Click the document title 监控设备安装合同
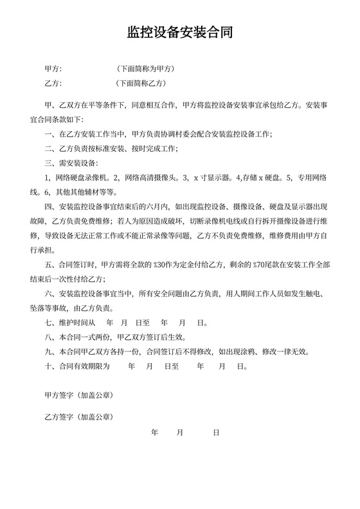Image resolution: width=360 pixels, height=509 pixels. (179, 32)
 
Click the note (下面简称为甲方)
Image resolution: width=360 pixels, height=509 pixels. (145, 68)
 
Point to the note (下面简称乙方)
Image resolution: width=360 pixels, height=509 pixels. (141, 83)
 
